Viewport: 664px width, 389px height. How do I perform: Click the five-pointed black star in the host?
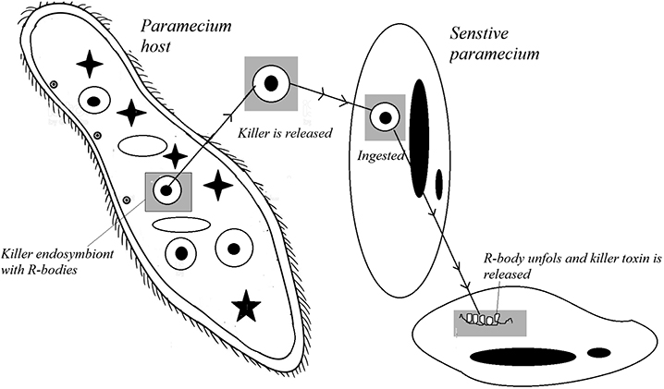[x=246, y=306]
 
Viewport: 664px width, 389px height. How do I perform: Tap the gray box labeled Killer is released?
[x=269, y=83]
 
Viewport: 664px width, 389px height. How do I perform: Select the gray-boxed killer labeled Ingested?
[x=384, y=116]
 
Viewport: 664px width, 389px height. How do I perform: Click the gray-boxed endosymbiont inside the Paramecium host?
[x=166, y=191]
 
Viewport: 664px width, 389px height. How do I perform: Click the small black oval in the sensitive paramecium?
[x=438, y=185]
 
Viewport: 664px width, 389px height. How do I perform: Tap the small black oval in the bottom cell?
[x=599, y=352]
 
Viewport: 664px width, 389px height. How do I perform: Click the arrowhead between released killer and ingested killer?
[x=322, y=93]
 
